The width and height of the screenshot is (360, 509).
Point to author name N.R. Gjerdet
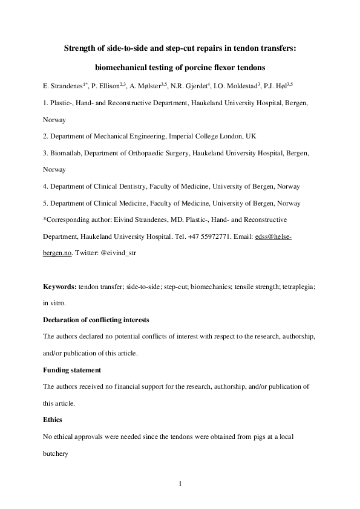point(197,85)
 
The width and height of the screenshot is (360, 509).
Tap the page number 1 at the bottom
point(180,483)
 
